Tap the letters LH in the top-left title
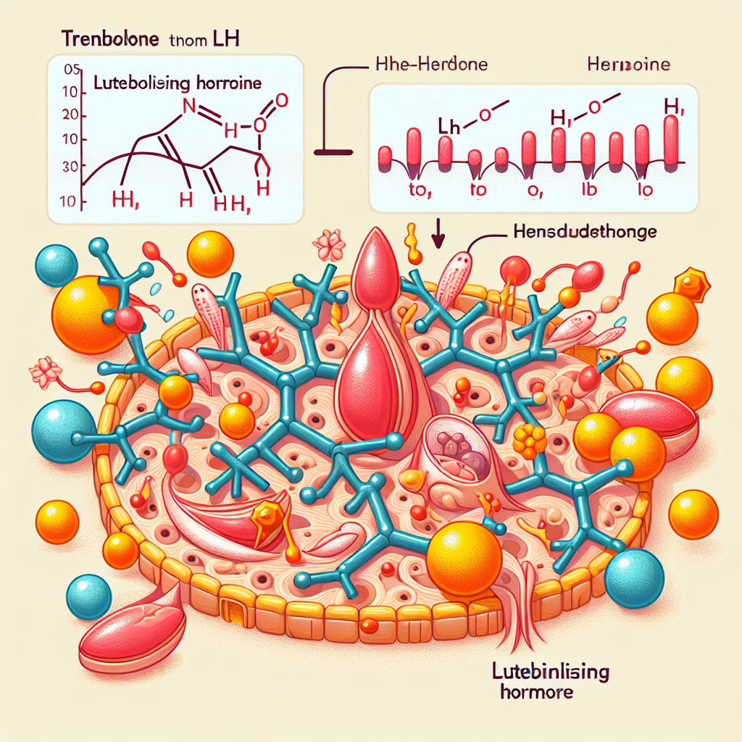tap(225, 39)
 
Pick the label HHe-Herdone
tap(431, 64)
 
